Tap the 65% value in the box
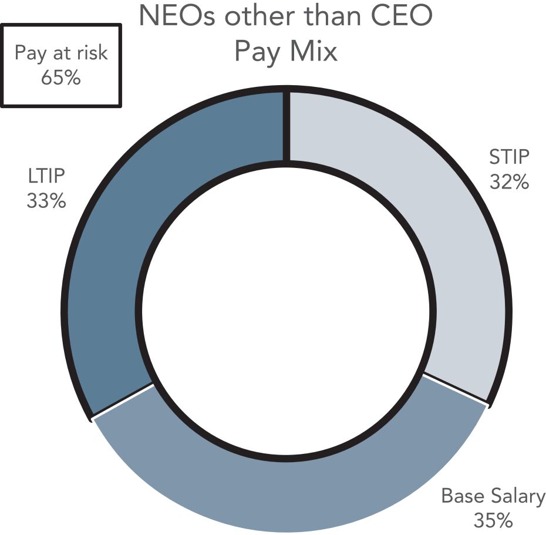pos(61,77)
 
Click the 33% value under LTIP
pos(46,201)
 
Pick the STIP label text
pos(509,156)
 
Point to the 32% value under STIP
pos(509,181)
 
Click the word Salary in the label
pos(518,496)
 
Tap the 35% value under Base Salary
pos(493,520)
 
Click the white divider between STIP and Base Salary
pos(455,389)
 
